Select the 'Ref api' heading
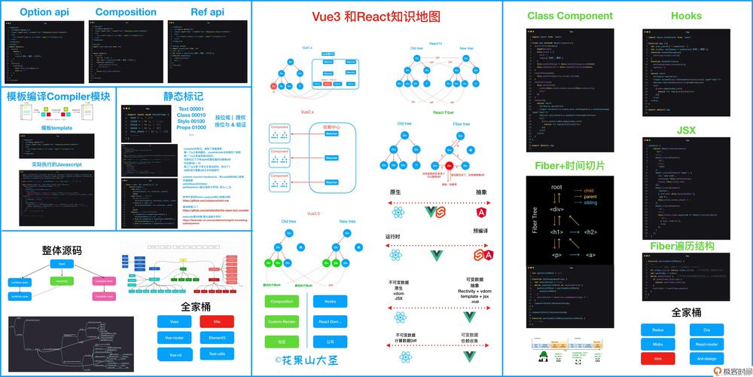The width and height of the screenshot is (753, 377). pyautogui.click(x=207, y=12)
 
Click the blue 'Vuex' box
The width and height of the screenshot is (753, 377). pyautogui.click(x=174, y=321)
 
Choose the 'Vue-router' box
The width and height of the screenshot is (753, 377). pyautogui.click(x=174, y=338)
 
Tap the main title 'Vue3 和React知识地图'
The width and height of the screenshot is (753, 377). pyautogui.click(x=376, y=17)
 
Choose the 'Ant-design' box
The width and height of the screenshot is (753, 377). pyautogui.click(x=706, y=358)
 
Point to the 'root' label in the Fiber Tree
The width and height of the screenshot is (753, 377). pyautogui.click(x=557, y=186)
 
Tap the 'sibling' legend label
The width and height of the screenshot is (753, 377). pyautogui.click(x=593, y=204)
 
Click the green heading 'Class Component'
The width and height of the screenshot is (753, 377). pyautogui.click(x=570, y=16)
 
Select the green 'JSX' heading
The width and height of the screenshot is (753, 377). pyautogui.click(x=686, y=130)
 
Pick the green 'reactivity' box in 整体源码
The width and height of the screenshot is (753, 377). pyautogui.click(x=62, y=280)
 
